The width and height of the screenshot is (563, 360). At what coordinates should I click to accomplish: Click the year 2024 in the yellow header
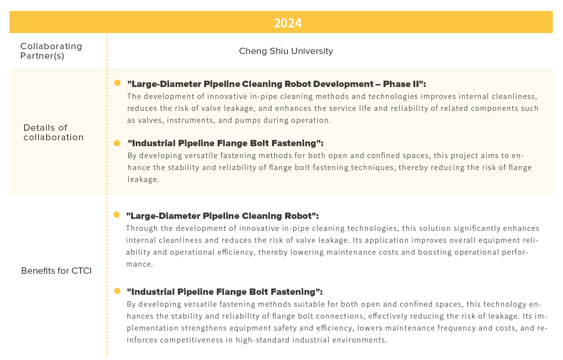click(x=287, y=23)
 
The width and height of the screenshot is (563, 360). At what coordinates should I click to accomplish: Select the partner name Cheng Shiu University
click(x=286, y=51)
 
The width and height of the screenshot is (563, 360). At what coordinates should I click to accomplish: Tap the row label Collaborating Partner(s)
click(x=51, y=51)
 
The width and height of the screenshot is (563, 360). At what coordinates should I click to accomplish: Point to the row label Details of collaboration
click(x=53, y=133)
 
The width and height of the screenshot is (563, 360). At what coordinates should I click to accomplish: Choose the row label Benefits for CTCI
click(x=56, y=271)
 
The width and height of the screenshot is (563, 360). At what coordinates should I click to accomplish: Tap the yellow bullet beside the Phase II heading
click(x=117, y=83)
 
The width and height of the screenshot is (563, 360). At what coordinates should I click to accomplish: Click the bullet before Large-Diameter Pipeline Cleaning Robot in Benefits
click(x=116, y=215)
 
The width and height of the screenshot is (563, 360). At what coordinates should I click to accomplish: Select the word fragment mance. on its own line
click(x=139, y=264)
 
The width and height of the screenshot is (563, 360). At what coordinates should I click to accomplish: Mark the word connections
click(x=341, y=316)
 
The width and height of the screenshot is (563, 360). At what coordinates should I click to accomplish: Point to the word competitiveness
click(x=191, y=340)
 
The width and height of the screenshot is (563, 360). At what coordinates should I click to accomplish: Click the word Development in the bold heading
click(x=343, y=84)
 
